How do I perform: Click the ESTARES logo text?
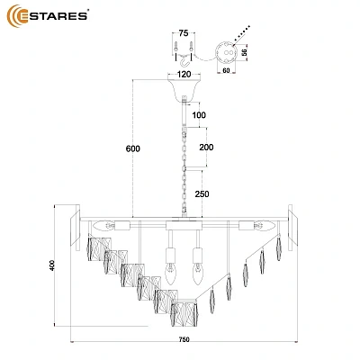(x=54, y=16)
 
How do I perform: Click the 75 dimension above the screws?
(x=184, y=33)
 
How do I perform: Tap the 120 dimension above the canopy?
(x=184, y=74)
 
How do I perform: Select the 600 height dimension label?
(x=133, y=148)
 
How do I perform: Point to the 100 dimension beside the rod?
(x=199, y=115)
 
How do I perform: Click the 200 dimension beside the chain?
(x=206, y=147)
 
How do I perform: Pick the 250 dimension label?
(x=202, y=194)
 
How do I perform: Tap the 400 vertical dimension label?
(x=52, y=265)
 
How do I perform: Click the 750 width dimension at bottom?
(x=184, y=339)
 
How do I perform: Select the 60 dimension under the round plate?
(x=226, y=70)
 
